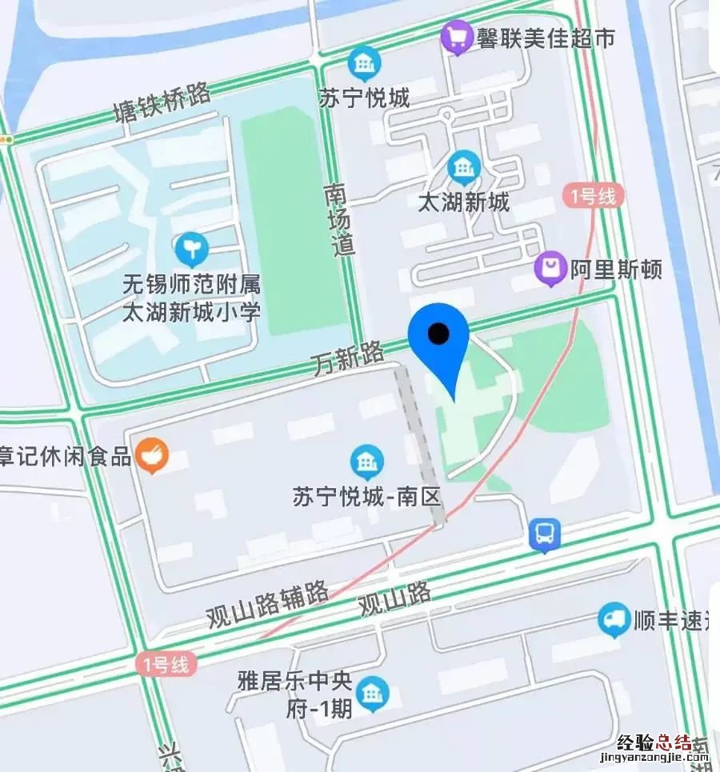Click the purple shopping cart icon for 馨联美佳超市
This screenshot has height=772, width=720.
click(457, 37)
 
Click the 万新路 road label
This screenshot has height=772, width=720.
click(349, 358)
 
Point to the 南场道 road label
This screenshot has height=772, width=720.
click(341, 220)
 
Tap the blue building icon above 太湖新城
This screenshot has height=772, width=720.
click(462, 166)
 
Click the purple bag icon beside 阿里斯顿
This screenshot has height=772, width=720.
click(550, 269)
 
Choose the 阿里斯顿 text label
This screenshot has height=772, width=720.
click(616, 270)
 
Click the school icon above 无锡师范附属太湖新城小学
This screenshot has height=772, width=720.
click(192, 250)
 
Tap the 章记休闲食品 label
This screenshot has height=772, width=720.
click(66, 457)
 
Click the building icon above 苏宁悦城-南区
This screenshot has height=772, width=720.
click(367, 462)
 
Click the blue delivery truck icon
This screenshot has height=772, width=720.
click(614, 620)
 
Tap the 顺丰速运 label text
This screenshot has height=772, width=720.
click(672, 621)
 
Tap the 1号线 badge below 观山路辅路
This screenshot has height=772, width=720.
click(166, 663)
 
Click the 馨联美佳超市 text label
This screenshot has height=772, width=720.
click(546, 38)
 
